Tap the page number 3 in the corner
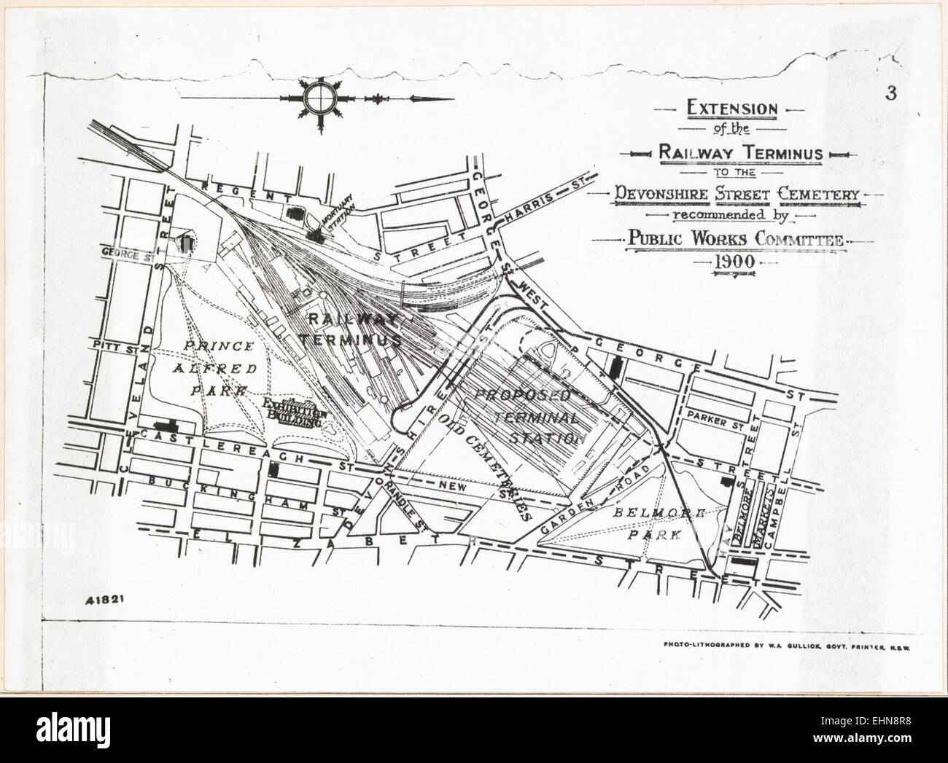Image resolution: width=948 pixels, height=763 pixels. click(890, 93)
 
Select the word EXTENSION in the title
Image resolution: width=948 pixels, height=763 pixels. click(732, 109)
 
